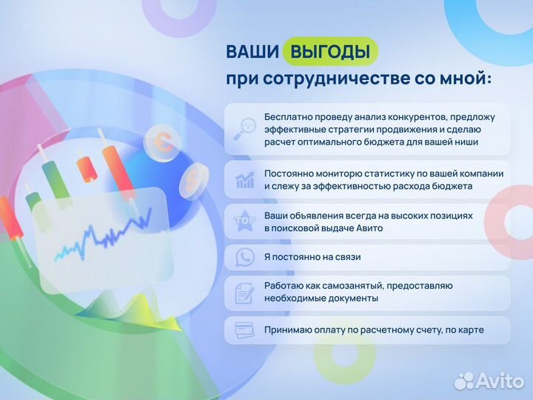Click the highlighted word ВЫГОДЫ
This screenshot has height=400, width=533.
pyautogui.click(x=329, y=52)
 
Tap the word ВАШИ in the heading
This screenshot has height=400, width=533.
pyautogui.click(x=252, y=52)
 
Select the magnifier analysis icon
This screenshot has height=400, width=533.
pyautogui.click(x=244, y=129)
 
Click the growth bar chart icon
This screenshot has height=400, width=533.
pyautogui.click(x=244, y=180)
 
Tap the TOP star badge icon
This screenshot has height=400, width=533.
pyautogui.click(x=244, y=221)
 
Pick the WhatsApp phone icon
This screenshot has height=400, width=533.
pyautogui.click(x=244, y=257)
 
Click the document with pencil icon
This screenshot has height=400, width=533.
pyautogui.click(x=244, y=293)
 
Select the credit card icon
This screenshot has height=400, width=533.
pyautogui.click(x=244, y=330)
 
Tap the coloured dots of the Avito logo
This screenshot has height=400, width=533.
pyautogui.click(x=464, y=380)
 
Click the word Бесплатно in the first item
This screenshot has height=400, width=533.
pyautogui.click(x=288, y=117)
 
